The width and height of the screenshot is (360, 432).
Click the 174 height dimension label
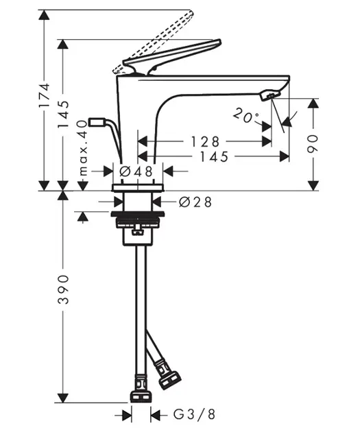point(45,95)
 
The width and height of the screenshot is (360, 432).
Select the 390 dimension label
point(63,289)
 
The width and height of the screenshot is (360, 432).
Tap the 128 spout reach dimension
point(206,142)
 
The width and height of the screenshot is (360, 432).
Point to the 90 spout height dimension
point(313,144)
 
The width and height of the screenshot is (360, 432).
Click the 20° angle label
point(245,116)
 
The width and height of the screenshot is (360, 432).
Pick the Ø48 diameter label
point(136,171)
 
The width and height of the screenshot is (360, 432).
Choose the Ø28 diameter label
point(195,202)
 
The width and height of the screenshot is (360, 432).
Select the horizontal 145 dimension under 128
point(214,156)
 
